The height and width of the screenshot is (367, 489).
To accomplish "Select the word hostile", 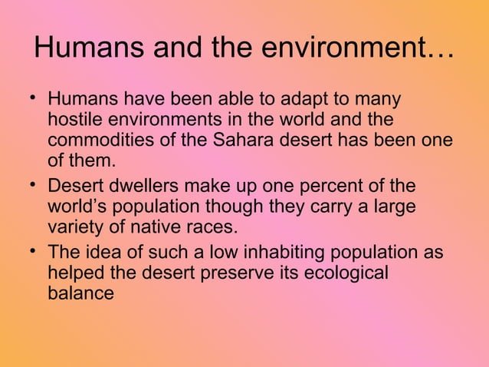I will (x=73, y=121).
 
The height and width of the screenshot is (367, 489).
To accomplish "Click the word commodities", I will (x=100, y=142).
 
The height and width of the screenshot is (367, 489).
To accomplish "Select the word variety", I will (x=74, y=228).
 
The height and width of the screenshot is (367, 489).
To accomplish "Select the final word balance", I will (x=80, y=293).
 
